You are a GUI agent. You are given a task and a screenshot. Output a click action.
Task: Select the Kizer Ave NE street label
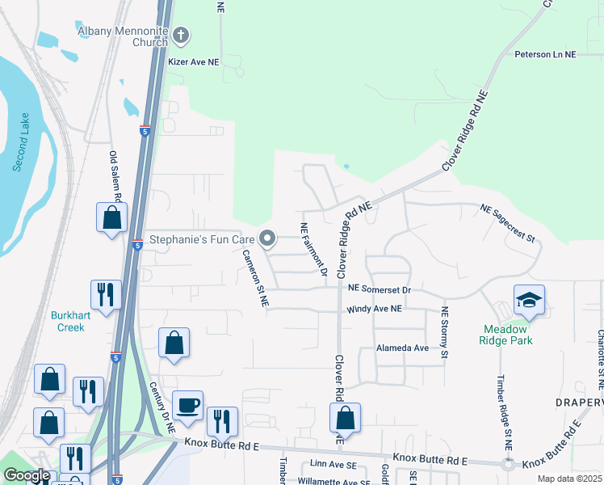tap(193, 61)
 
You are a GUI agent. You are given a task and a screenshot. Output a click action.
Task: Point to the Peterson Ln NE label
tap(547, 54)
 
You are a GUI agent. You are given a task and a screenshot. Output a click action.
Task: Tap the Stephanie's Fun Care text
tap(202, 239)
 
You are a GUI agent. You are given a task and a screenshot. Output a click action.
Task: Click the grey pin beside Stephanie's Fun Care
tap(267, 238)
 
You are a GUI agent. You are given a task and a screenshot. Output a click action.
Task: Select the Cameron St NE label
tap(255, 277)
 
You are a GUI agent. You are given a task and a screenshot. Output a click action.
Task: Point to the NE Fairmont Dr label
tap(313, 250)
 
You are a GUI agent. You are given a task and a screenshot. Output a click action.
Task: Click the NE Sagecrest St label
tap(508, 223)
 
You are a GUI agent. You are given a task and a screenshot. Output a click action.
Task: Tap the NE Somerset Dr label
tap(380, 289)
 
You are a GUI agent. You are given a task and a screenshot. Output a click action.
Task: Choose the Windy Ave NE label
tap(374, 309)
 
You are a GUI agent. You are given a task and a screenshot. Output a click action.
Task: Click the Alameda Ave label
tap(402, 348)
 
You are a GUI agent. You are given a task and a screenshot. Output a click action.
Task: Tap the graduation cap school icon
tap(529, 301)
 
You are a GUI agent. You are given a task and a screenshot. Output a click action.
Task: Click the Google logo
tap(26, 476)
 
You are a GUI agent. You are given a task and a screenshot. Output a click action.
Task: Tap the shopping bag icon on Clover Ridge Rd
tap(345, 418)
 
